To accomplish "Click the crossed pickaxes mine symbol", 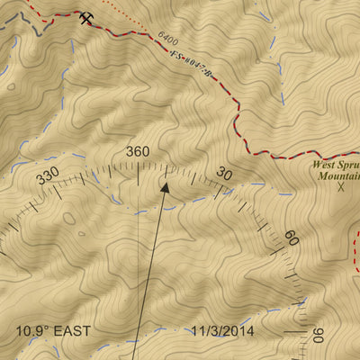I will [x=86, y=17].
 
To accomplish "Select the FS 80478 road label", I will [x=190, y=63].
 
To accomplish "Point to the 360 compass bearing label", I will [x=138, y=151].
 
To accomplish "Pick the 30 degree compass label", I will [x=225, y=175].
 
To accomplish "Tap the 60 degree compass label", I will [x=291, y=238].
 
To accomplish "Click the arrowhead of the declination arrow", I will [x=165, y=186].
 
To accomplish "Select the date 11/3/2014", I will [x=222, y=331].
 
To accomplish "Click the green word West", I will [x=326, y=166].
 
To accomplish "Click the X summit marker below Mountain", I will [x=341, y=187].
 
